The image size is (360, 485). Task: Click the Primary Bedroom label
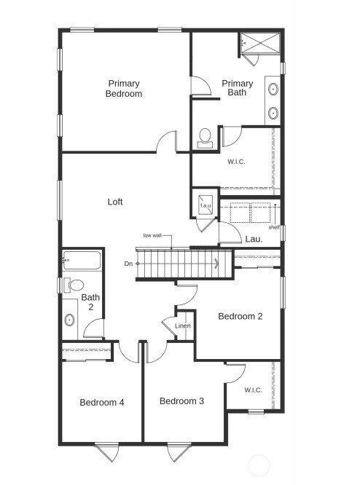click(124, 88)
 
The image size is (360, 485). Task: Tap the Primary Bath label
click(238, 88)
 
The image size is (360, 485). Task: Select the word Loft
click(115, 202)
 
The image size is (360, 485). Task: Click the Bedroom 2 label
click(240, 316)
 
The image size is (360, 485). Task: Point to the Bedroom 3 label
click(181, 401)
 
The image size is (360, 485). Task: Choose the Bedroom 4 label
click(102, 402)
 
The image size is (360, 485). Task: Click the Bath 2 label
click(90, 302)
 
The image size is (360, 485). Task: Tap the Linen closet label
click(183, 326)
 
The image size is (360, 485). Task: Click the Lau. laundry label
click(254, 239)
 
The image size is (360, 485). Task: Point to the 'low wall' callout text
click(152, 235)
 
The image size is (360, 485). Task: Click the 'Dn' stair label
click(128, 263)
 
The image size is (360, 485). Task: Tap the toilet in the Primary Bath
click(205, 137)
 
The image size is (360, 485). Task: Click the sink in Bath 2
click(70, 320)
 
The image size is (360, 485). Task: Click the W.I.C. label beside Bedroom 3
click(253, 390)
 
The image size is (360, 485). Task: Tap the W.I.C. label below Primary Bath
click(236, 161)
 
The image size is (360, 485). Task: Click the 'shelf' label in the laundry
click(274, 227)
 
